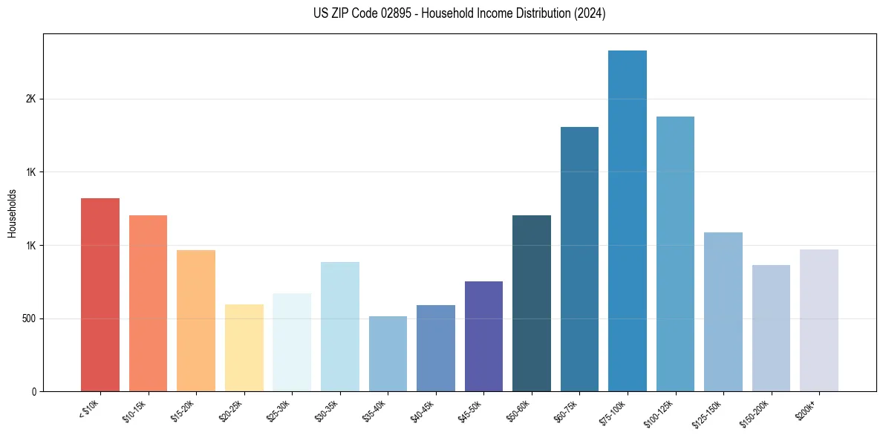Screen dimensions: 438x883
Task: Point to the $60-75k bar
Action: point(579,259)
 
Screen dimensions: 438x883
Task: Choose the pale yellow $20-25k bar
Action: point(244,348)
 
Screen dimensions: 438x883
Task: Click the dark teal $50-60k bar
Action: point(532,304)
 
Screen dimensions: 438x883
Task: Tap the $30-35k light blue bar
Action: point(340,327)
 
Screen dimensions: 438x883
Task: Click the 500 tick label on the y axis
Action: point(29,318)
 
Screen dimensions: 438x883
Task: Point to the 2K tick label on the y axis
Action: point(31,99)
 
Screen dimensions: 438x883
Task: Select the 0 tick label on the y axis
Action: point(34,392)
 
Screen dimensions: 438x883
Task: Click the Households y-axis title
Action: point(13,213)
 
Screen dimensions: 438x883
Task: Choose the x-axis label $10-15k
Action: point(135,410)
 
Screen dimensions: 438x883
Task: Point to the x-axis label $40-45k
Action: point(423,410)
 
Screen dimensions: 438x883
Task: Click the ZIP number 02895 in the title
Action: point(397,13)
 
